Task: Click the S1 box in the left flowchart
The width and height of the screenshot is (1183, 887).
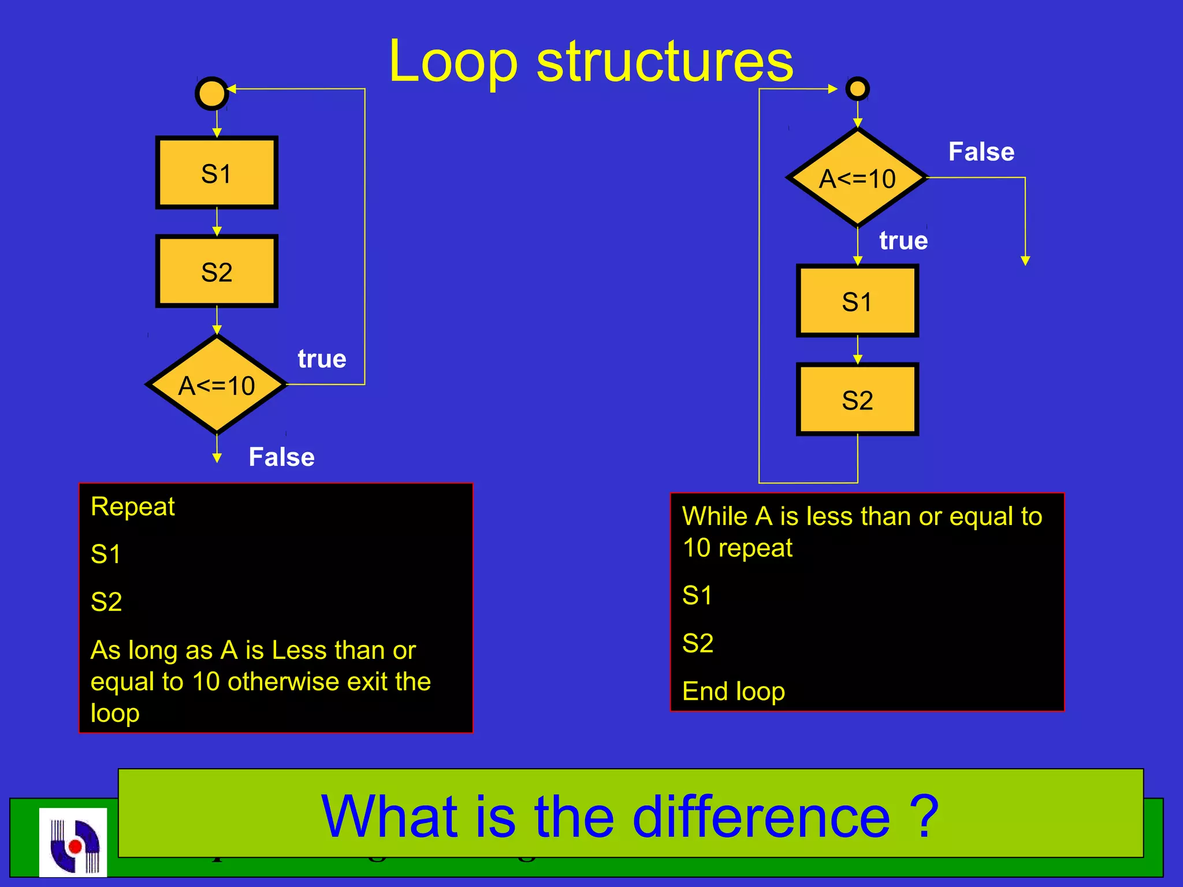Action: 217,173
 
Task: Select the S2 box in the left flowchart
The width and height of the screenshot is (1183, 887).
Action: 217,271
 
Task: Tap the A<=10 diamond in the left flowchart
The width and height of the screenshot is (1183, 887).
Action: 217,385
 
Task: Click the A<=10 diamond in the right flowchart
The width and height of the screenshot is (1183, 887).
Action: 857,178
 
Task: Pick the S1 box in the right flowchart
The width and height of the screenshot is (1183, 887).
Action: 857,301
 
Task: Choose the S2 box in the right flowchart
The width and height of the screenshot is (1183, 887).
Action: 857,400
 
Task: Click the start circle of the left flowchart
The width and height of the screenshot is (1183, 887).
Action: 211,93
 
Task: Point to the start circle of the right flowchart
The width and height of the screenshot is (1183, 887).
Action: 857,89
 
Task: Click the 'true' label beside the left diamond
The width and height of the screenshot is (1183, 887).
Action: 322,359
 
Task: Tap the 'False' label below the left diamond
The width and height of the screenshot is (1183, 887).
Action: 281,457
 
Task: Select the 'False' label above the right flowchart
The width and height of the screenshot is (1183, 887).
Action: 981,152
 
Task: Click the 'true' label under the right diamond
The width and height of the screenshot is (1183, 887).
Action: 903,241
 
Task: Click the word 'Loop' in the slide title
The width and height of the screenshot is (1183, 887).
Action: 453,61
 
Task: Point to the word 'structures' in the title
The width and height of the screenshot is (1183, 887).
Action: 665,61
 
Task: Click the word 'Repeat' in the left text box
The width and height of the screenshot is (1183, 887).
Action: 133,507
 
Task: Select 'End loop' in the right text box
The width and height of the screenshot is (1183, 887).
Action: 733,691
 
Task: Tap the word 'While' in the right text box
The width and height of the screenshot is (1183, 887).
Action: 715,516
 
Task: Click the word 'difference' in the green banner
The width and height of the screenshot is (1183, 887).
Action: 761,817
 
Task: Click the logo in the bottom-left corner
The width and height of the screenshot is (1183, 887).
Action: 73,842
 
